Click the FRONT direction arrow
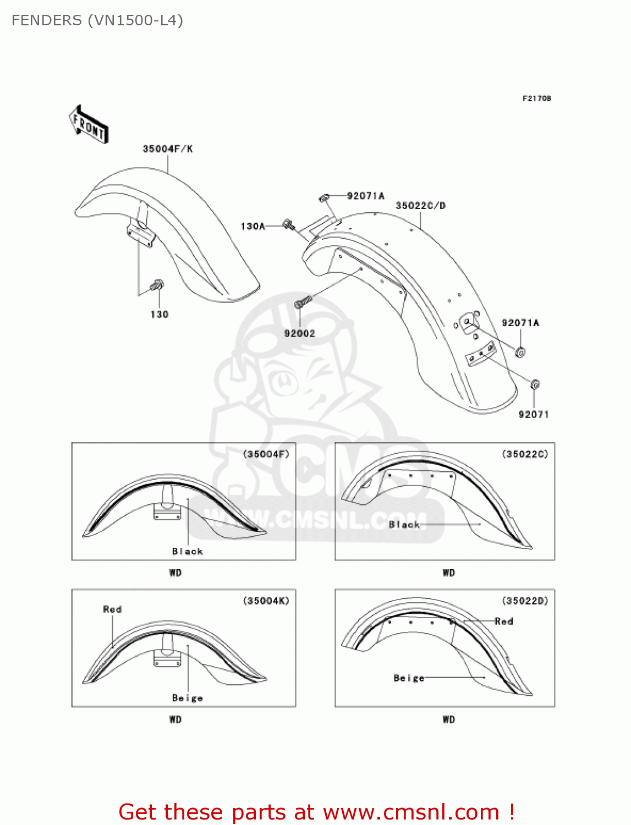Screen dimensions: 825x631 click(89, 125)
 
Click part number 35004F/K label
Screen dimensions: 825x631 click(168, 149)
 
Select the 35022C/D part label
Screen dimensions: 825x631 click(420, 206)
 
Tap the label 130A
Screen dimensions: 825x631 click(253, 226)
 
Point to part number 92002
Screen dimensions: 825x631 click(299, 333)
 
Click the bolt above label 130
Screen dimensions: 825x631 click(157, 285)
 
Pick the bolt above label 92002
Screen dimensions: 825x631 click(303, 301)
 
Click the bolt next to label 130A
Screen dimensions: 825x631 click(289, 224)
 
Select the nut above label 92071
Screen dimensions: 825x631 click(535, 384)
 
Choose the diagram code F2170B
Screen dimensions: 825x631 click(536, 98)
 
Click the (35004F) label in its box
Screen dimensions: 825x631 click(266, 454)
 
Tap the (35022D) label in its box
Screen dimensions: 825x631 click(525, 601)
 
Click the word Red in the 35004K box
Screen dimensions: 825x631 click(112, 609)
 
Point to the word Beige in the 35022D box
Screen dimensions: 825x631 click(409, 678)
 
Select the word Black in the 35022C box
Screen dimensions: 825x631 click(404, 525)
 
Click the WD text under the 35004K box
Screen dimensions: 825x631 click(175, 719)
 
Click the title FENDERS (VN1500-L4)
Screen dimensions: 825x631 click(97, 20)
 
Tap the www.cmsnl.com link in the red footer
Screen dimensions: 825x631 click(411, 812)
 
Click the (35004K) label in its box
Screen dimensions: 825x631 click(266, 601)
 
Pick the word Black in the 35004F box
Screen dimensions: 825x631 click(188, 551)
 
